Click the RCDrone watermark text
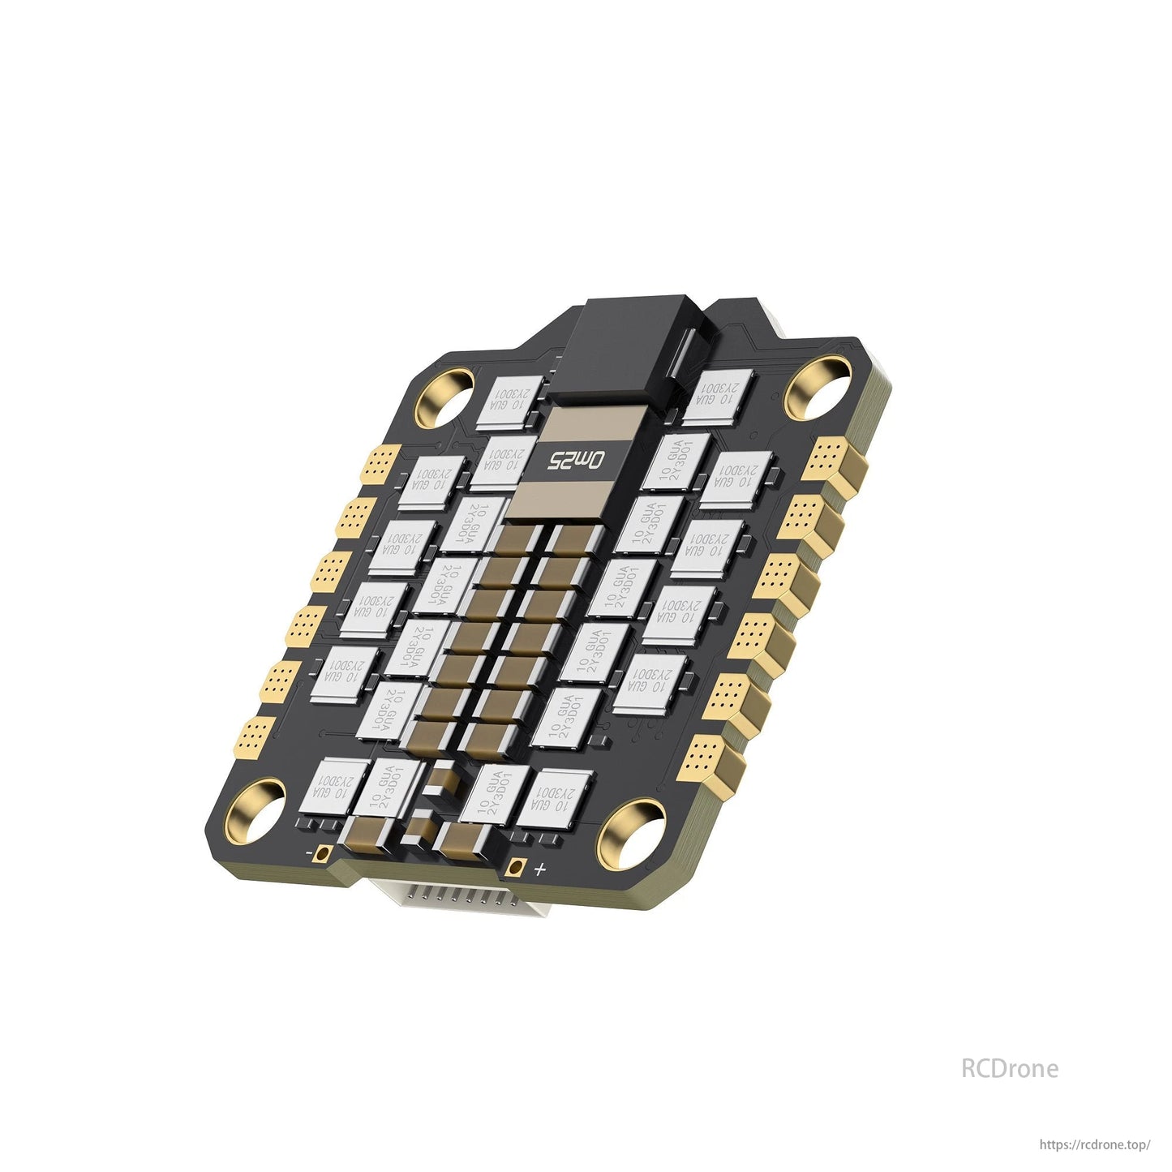1009,1068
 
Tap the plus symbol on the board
540,870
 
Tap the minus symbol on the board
309,853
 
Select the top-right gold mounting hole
818,384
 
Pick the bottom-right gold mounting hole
632,833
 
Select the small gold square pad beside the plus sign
513,867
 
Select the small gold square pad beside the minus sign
324,853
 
